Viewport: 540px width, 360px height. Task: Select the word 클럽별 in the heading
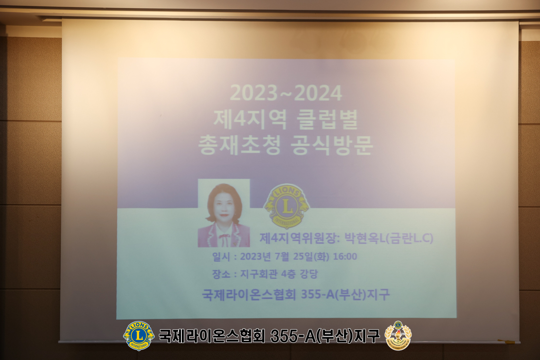click(x=327, y=119)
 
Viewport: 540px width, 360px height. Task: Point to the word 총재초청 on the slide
click(x=239, y=144)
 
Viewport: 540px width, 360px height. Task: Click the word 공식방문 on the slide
click(x=332, y=144)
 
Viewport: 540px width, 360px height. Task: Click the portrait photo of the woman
click(x=224, y=213)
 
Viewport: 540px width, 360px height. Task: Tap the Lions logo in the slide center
click(x=287, y=206)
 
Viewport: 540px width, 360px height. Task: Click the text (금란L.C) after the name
click(x=409, y=238)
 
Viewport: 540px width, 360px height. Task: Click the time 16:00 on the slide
click(x=345, y=256)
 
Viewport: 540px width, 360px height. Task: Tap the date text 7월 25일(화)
click(x=302, y=256)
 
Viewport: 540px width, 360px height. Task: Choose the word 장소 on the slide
click(x=221, y=274)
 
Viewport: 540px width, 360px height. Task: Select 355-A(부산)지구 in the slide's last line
click(x=345, y=294)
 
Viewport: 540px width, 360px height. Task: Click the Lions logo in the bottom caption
click(x=139, y=336)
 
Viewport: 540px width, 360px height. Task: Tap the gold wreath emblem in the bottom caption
click(x=398, y=336)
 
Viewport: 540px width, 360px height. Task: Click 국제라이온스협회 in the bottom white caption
click(x=212, y=336)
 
